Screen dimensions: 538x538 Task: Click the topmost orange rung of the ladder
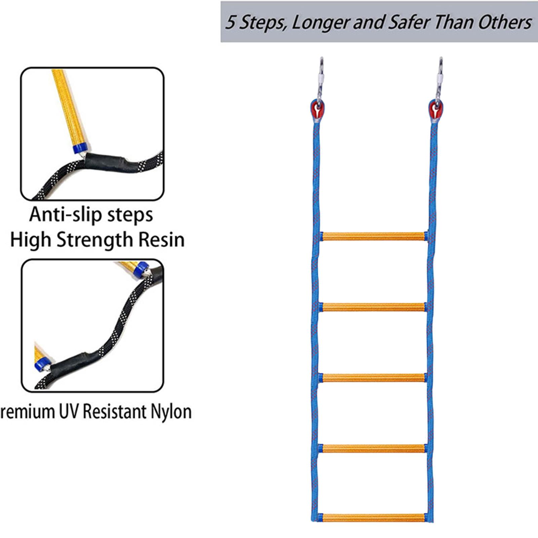(374, 236)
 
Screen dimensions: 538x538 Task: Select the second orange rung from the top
(374, 307)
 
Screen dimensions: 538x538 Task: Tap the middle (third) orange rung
(374, 378)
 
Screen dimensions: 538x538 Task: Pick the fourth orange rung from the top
(374, 448)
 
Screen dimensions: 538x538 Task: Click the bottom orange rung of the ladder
(374, 518)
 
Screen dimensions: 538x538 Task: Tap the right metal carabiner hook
(439, 79)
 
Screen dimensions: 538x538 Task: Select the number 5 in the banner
(230, 23)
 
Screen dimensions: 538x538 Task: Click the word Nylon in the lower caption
(171, 412)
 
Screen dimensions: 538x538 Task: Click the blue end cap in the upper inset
(80, 148)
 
